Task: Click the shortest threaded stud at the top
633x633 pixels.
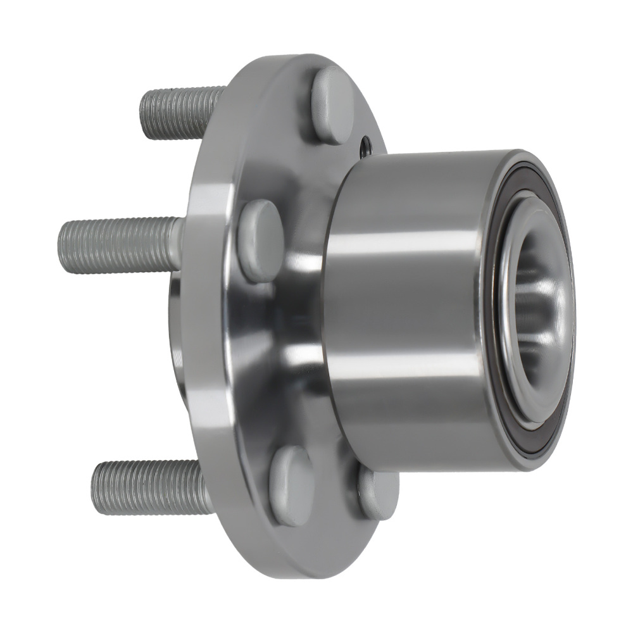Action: (x=180, y=114)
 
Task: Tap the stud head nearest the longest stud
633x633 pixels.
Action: (x=260, y=241)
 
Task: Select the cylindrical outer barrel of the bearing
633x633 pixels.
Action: (x=411, y=304)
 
